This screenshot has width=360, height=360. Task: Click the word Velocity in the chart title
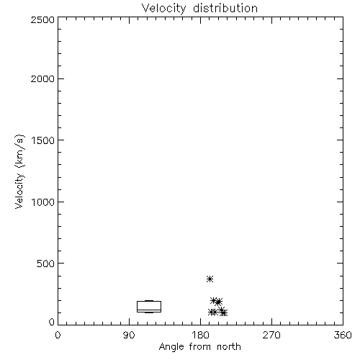pos(163,9)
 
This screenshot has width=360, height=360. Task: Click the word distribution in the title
pos(225,8)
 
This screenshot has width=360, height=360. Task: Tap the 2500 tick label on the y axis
pos(42,19)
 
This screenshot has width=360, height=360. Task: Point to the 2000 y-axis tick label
pos(42,79)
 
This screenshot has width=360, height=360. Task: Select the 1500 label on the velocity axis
pos(43,140)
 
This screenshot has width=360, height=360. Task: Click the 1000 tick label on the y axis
pos(43,202)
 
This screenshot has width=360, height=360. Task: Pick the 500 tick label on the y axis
pos(46,264)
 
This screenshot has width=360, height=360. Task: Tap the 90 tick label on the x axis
pos(129,335)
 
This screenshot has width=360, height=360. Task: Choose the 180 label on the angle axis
pos(200,335)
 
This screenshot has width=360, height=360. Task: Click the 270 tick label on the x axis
pos(271,335)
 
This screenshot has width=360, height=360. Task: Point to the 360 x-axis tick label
pos(343,335)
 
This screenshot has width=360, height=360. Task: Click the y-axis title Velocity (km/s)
pos(19,171)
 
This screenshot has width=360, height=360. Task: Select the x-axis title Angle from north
pos(200,347)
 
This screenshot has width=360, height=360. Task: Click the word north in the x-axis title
pos(229,346)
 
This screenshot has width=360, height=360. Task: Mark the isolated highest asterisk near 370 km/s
pos(210,279)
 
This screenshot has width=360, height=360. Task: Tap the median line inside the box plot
pos(149,310)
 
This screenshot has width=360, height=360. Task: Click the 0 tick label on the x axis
pos(58,335)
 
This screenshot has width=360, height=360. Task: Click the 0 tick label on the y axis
pos(52,322)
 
